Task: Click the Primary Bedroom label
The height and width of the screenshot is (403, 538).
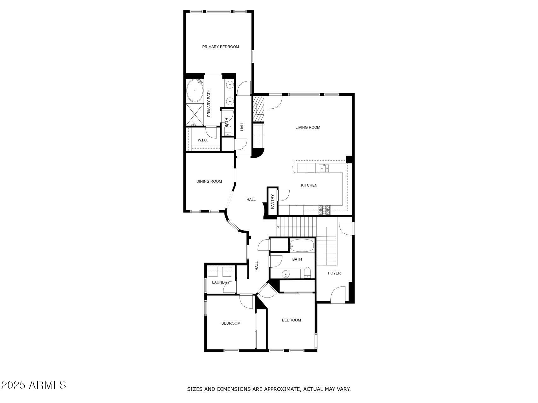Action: [x=220, y=47]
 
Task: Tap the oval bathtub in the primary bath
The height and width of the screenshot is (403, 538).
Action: [x=195, y=91]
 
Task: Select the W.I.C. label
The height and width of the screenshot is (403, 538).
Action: [x=203, y=140]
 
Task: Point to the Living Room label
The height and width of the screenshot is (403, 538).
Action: [x=308, y=128]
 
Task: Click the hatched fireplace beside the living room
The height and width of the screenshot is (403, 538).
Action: [x=258, y=109]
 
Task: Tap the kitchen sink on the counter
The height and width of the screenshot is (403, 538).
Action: [x=324, y=168]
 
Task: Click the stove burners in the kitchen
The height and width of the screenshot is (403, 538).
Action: [x=324, y=210]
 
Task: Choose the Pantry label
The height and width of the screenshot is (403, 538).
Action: [x=273, y=201]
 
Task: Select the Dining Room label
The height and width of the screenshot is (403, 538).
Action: [x=209, y=181]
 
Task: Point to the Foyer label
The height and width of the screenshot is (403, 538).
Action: [x=334, y=273]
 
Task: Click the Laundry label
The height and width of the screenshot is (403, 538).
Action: [x=221, y=282]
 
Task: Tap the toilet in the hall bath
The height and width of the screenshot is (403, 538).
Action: [x=307, y=273]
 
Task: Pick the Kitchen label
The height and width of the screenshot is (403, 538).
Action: [x=309, y=185]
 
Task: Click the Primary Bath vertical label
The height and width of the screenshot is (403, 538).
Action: [x=209, y=103]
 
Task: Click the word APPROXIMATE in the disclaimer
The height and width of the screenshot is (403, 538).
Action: [x=282, y=389]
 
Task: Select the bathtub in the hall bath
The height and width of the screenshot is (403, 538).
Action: [x=302, y=245]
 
